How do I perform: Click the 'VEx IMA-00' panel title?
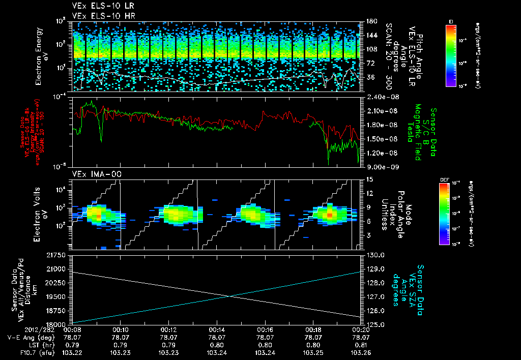(x=92, y=174)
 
